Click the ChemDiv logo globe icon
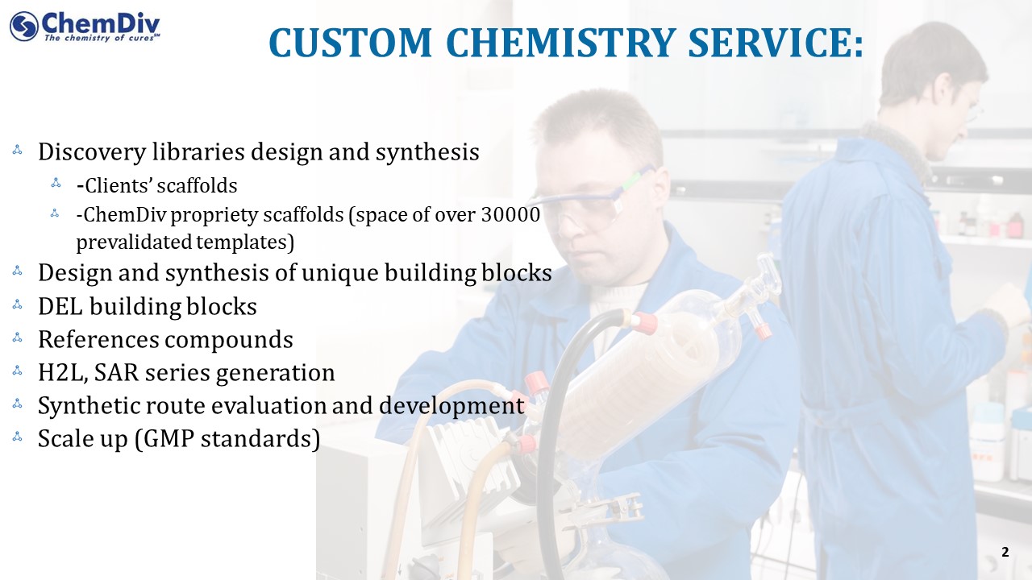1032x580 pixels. point(24,27)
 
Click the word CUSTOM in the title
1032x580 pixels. point(350,43)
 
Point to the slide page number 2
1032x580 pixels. point(1005,552)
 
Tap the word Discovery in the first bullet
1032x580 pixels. point(92,152)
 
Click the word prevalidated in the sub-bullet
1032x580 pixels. point(133,242)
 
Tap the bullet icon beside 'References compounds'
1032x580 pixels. point(18,338)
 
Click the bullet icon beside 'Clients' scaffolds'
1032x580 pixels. point(56,183)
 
